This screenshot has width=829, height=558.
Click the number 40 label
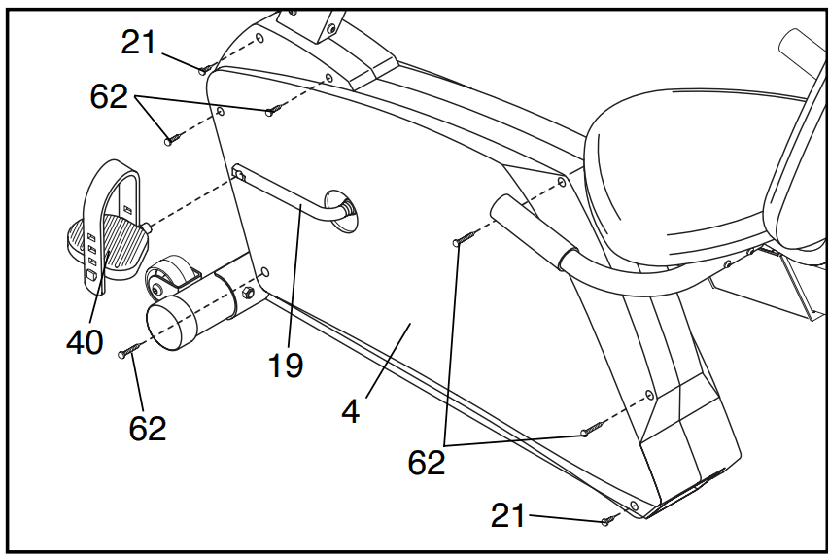click(x=85, y=341)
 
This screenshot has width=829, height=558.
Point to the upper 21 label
click(x=139, y=43)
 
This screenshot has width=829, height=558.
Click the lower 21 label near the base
click(x=508, y=514)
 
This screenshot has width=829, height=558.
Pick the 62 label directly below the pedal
click(x=148, y=428)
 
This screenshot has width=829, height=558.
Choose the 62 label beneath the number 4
click(x=426, y=462)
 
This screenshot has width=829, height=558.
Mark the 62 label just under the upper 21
click(x=109, y=96)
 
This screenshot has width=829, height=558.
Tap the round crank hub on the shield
click(x=344, y=211)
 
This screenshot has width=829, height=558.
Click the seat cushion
click(x=671, y=165)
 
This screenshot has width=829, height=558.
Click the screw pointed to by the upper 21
click(x=204, y=70)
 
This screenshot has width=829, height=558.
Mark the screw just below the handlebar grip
click(x=458, y=240)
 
